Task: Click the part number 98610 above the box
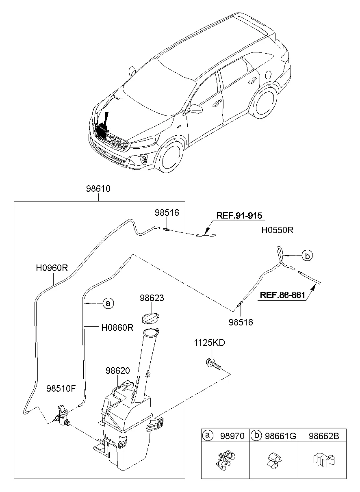pyautogui.click(x=98, y=189)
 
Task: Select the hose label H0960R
pyautogui.click(x=52, y=269)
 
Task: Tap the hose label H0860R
pyautogui.click(x=117, y=327)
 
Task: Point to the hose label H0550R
pyautogui.click(x=277, y=231)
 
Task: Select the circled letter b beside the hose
pyautogui.click(x=308, y=256)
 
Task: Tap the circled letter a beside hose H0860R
pyautogui.click(x=107, y=303)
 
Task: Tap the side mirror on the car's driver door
pyautogui.click(x=197, y=109)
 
